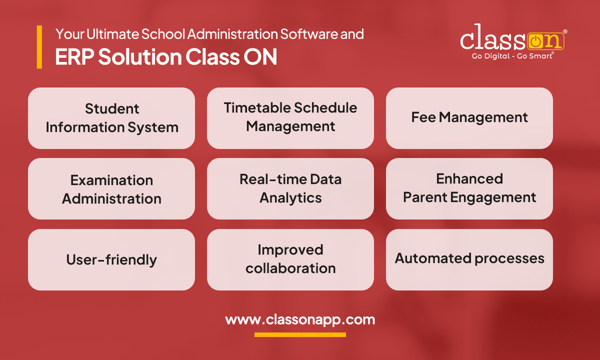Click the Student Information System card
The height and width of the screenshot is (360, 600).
[x=111, y=118]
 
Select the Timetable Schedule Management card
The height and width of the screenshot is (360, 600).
[x=290, y=118]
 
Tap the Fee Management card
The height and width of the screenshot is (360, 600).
[x=469, y=118]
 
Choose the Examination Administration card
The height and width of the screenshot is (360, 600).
[x=111, y=189]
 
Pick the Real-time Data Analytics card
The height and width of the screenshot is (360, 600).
[x=290, y=189]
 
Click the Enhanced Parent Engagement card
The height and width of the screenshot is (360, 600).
[x=469, y=189]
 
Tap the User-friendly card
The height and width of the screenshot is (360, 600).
[x=111, y=260]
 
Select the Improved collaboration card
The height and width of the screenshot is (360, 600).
[x=290, y=260]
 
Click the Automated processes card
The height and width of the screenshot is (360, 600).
[x=469, y=259]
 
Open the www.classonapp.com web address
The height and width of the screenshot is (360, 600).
[x=300, y=319]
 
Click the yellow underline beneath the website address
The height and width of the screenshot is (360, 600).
[x=300, y=334]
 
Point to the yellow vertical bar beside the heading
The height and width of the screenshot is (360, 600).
[x=39, y=47]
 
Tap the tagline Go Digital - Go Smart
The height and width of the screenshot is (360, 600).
[x=512, y=56]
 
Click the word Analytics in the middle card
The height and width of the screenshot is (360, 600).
[x=290, y=198]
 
